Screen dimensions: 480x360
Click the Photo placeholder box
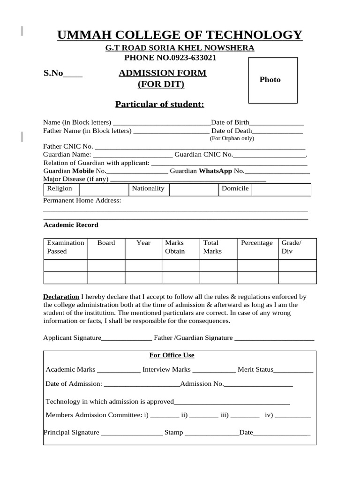pos(272,80)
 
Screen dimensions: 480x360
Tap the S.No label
pos(53,73)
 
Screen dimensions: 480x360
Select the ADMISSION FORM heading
pos(162,73)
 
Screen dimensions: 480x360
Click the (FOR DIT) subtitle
pos(161,84)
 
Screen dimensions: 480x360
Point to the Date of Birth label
pos(230,122)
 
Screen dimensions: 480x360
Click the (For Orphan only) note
pos(232,138)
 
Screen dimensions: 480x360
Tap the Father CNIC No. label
pos(68,146)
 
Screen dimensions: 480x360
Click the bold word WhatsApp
pos(215,171)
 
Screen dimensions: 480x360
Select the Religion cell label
pos(60,188)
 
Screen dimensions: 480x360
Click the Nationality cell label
pos(148,188)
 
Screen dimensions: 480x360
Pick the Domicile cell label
pos(235,188)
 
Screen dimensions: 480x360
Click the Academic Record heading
pos(71,225)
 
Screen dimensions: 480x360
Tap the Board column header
pos(106,243)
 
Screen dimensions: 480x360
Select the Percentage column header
pos(256,243)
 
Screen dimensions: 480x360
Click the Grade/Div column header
pos(291,247)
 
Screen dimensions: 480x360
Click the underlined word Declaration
pos(61,297)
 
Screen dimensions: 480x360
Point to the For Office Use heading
pos(172,355)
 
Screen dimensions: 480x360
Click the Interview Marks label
pos(166,369)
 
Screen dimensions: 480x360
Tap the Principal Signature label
pos(71,432)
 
